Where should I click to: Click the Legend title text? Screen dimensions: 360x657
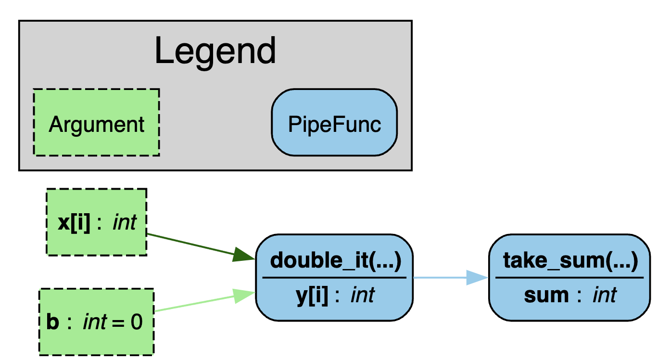point(215,51)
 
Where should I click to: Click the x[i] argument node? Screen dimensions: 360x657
point(96,222)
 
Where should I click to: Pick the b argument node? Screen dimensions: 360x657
point(96,321)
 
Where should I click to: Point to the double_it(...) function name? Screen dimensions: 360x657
point(335,261)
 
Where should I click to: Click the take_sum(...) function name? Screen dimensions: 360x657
point(570,261)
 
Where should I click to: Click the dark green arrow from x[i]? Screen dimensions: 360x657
point(192,245)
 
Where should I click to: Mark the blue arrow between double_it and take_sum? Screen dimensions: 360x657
point(440,278)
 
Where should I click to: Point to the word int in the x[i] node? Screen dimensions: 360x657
point(125,223)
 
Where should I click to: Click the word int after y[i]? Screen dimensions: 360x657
point(363,295)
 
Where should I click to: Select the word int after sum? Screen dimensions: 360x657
point(605,295)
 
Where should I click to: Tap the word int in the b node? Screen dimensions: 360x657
point(95,322)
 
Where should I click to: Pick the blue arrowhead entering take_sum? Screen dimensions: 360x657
point(478,278)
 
